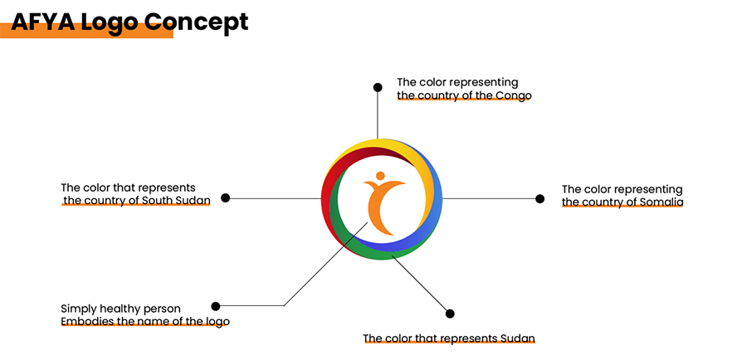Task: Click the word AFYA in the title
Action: (41, 22)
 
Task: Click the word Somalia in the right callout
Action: (659, 202)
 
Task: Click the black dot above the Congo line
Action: (378, 87)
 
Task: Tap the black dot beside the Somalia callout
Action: (539, 198)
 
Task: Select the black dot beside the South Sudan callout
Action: (225, 198)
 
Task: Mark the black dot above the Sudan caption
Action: (451, 314)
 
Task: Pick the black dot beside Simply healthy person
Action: (216, 306)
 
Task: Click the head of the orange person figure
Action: (379, 176)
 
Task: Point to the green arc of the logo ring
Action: (353, 236)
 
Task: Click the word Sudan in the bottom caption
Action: (518, 338)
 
